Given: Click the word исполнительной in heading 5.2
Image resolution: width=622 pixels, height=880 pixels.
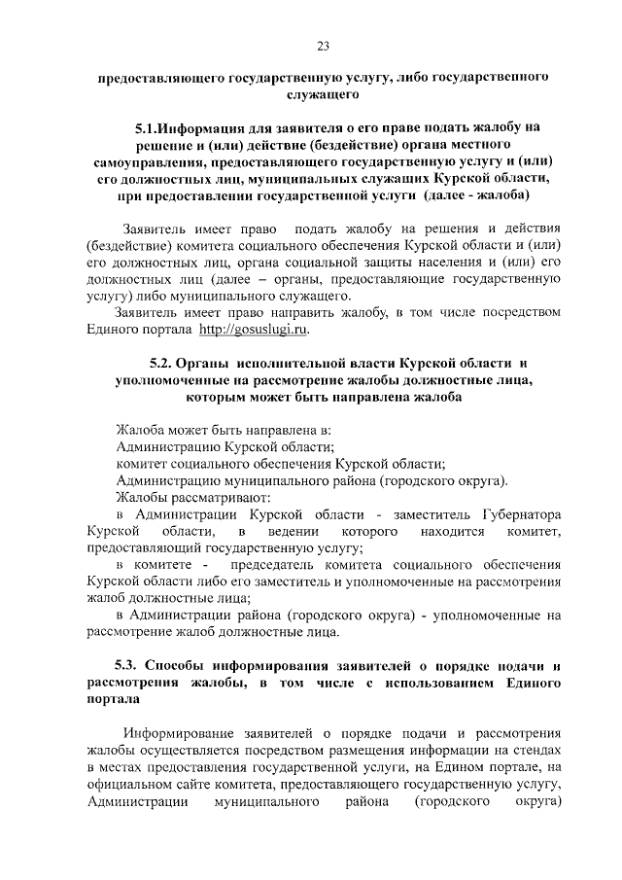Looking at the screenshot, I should (x=294, y=363).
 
